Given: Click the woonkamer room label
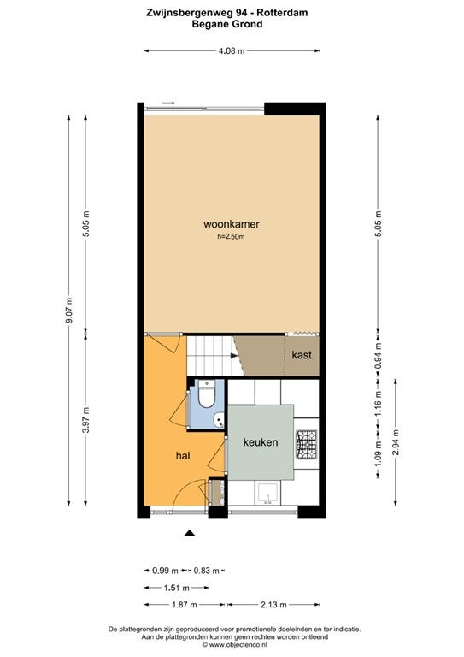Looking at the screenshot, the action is (x=232, y=224).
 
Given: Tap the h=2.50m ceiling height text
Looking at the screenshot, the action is (x=231, y=237).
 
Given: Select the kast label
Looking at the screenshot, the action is (x=302, y=355).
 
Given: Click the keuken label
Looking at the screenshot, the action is (x=261, y=442).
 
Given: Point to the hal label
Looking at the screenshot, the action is (x=183, y=455).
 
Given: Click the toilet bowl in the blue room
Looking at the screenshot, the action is (x=206, y=394).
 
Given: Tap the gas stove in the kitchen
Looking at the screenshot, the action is (x=307, y=444).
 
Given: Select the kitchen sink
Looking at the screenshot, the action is (x=267, y=493).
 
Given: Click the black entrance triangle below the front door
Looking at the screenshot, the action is (x=190, y=533).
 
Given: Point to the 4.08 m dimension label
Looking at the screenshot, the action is (x=232, y=51).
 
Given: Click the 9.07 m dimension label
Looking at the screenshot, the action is (x=69, y=310).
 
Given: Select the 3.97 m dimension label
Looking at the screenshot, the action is (x=85, y=419).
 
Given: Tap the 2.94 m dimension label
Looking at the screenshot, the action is (x=396, y=442).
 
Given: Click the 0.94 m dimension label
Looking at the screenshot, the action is (x=379, y=356).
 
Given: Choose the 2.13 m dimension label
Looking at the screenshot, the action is (x=273, y=605).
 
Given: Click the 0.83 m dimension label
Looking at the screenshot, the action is (x=207, y=571).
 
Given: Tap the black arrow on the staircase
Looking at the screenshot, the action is (x=234, y=356).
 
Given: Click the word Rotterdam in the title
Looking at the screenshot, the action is (x=283, y=13).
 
